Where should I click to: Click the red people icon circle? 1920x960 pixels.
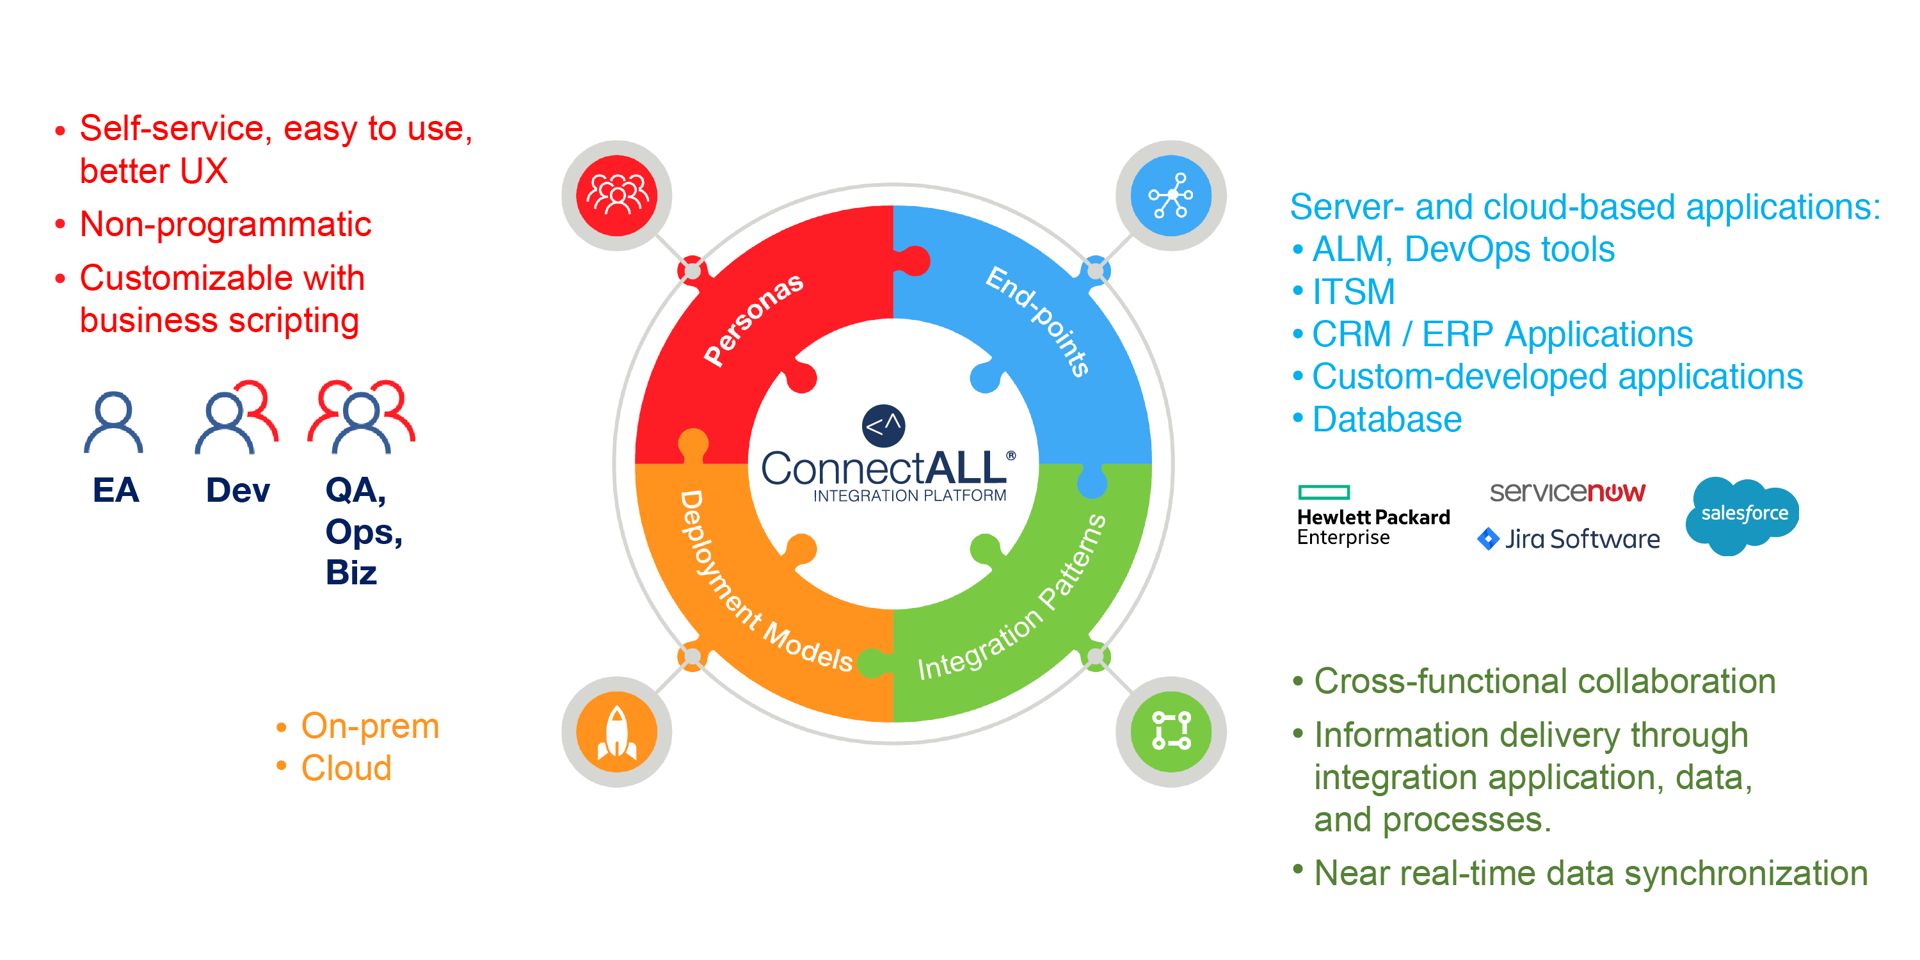point(616,195)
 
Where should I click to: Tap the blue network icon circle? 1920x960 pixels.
point(1171,195)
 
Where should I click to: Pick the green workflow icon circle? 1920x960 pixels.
point(1171,731)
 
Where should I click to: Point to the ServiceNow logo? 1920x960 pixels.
point(1567,492)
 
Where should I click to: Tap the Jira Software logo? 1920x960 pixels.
point(1569,538)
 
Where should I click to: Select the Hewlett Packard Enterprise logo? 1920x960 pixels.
point(1373,516)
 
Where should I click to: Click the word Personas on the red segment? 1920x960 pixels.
point(753,319)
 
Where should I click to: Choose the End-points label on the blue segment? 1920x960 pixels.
point(1038,321)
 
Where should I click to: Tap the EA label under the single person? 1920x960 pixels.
point(116,490)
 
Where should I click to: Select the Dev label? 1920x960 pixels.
point(238,490)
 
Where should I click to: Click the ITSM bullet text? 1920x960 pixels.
point(1354,291)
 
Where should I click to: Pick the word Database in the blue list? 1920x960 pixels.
point(1387,420)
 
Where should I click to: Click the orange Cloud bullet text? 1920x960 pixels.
point(347,769)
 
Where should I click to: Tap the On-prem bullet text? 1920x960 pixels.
point(371,726)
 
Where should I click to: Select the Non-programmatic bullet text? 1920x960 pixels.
point(225,225)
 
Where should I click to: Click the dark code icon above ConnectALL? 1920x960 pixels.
point(883,426)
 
